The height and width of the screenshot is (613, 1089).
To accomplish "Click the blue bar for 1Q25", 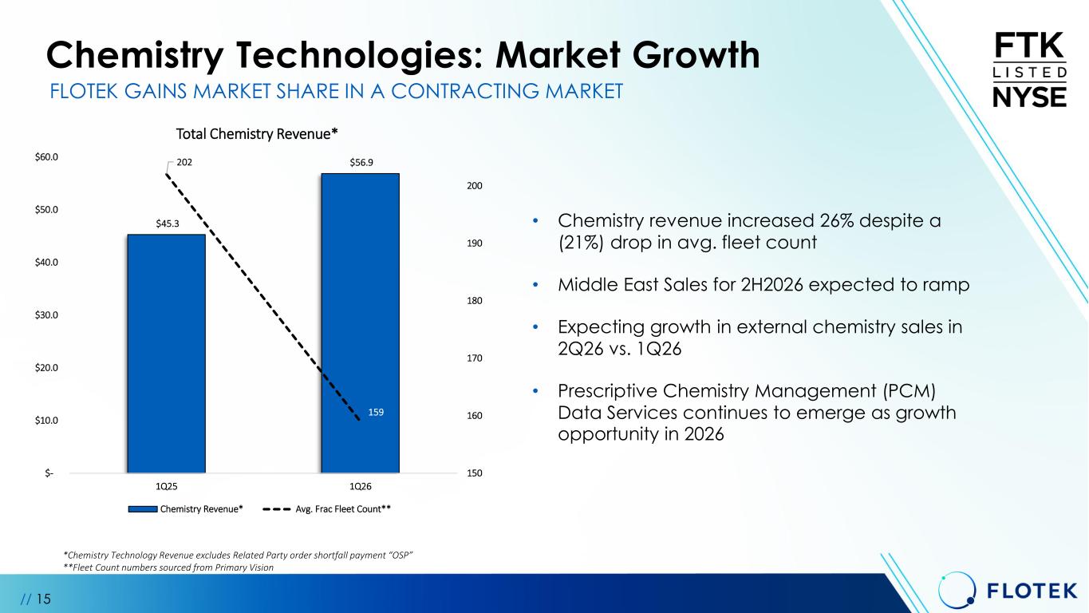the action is [166, 354].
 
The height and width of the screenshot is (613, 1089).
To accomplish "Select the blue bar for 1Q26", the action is [361, 323].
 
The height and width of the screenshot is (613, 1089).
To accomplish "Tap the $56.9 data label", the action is [361, 163].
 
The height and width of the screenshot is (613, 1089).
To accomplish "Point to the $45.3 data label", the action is [168, 223].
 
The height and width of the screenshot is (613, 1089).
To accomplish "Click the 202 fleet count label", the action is [184, 162].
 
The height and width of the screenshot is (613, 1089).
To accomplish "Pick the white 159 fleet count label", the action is [376, 412].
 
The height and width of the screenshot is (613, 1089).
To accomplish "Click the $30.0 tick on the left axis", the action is [46, 315].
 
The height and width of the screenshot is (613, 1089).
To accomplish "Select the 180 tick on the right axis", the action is [475, 301].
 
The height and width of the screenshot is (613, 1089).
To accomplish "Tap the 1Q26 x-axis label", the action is [361, 487].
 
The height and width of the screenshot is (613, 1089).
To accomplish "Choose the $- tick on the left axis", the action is [49, 473].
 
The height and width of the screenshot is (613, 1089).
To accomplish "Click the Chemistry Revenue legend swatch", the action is [143, 509].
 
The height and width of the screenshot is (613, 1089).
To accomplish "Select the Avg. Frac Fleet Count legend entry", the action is [327, 509].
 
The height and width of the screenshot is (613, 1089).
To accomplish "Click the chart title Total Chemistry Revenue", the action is [257, 134].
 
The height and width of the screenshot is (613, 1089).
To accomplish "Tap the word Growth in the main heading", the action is [696, 55].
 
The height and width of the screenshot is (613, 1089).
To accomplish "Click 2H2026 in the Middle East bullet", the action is [772, 285].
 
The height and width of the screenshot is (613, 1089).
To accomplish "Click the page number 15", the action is [43, 599].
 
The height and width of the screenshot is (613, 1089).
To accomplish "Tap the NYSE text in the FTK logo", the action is [1030, 97].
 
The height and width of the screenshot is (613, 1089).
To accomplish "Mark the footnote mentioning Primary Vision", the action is [168, 568].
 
